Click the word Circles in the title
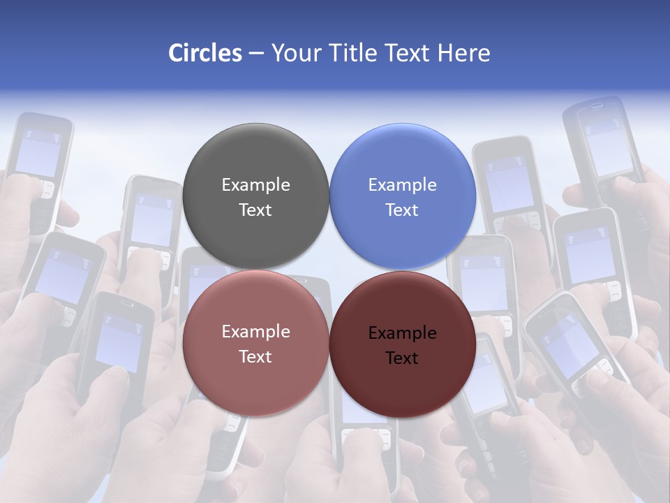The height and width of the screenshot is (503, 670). coord(204,53)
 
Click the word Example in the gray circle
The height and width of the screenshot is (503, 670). coord(255,185)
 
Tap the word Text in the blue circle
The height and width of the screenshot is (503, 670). coord(402,210)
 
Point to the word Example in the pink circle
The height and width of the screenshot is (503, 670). coord(255,332)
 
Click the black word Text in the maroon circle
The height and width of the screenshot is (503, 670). coord(402,358)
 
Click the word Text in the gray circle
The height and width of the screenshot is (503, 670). coord(255,210)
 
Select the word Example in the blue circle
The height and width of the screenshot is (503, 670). coord(402,185)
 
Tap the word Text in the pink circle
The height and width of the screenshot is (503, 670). coord(255,357)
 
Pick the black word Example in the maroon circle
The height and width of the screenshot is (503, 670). coord(402,333)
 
